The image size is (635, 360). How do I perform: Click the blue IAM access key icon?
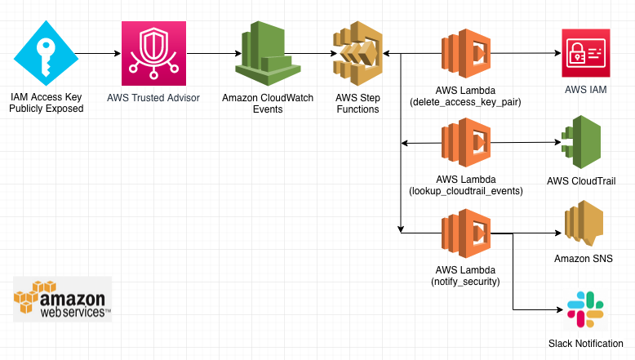point(46,54)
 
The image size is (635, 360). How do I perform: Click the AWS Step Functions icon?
point(357,54)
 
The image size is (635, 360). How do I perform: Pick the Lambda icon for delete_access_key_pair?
point(466,54)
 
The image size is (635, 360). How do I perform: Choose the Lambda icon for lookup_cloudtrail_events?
point(466,144)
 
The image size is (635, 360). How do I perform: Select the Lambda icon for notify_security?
point(466,233)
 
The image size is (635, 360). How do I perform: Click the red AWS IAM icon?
point(585,54)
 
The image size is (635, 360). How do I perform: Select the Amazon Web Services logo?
point(63,300)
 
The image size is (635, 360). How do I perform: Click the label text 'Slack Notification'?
point(585,344)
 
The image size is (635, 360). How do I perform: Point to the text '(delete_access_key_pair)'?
point(466,102)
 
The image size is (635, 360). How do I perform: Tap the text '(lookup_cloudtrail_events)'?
point(467,191)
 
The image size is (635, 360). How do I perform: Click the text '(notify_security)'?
point(467,281)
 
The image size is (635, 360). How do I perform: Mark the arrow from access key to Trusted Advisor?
point(98,54)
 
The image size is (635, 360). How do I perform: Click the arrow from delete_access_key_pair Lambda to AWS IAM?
point(526,54)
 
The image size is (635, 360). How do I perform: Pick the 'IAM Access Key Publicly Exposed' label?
point(46,102)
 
